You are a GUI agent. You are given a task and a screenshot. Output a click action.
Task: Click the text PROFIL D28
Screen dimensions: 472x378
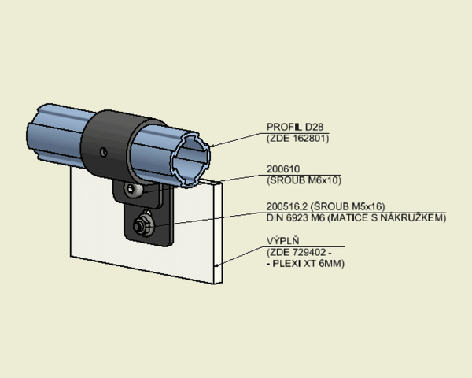click(295, 127)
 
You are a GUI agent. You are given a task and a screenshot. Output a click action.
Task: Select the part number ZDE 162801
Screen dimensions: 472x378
click(297, 139)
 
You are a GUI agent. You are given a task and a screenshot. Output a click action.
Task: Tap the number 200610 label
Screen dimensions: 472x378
click(283, 169)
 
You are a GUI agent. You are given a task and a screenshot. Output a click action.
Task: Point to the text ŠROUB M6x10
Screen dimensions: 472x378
click(304, 180)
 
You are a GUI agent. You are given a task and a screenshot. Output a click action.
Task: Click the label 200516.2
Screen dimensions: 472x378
click(287, 206)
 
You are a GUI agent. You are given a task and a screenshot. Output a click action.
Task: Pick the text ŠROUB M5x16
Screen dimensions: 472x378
click(348, 206)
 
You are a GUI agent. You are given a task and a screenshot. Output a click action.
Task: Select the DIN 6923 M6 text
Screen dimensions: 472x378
click(296, 217)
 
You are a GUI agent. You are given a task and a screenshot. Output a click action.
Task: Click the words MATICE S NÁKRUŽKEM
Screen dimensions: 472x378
click(386, 217)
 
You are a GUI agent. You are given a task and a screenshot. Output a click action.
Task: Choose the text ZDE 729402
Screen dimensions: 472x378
click(298, 252)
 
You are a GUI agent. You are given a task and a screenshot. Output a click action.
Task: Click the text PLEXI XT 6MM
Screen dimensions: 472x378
click(308, 264)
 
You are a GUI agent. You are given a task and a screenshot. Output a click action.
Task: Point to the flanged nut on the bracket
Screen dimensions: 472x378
click(143, 225)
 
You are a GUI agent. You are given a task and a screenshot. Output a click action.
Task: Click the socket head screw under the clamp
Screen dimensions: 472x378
click(133, 190)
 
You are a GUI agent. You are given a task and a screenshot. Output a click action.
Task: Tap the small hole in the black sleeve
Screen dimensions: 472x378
click(104, 152)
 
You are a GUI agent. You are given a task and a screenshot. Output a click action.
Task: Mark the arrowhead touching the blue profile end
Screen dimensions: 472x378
click(212, 146)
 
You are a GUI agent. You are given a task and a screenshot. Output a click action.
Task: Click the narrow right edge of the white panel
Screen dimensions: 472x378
click(218, 232)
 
